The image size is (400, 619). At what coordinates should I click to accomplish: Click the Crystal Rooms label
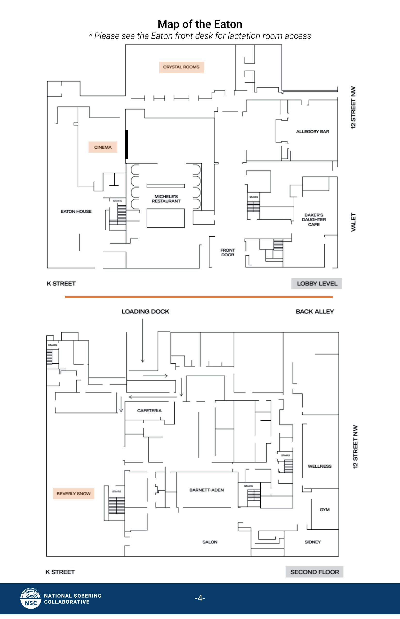(x=181, y=67)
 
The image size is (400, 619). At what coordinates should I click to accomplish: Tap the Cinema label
(x=103, y=147)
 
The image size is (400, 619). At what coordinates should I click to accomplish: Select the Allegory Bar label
(x=312, y=132)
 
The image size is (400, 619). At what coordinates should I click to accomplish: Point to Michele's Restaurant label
(x=166, y=199)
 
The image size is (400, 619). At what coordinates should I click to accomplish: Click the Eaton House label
(x=76, y=211)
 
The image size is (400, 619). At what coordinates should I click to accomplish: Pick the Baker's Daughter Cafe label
(x=314, y=220)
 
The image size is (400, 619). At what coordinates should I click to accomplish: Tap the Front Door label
(x=228, y=252)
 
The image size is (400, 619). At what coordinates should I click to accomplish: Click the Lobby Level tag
(x=317, y=284)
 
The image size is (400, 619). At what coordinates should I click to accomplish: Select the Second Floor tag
(x=315, y=572)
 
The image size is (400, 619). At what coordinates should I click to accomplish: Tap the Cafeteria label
(x=149, y=410)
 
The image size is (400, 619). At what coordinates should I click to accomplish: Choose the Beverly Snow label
(x=73, y=494)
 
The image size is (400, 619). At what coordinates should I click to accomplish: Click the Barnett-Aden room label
(x=207, y=490)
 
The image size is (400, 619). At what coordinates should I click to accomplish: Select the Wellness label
(x=320, y=466)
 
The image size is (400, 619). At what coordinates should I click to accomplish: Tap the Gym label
(x=325, y=510)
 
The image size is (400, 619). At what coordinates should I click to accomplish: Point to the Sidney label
(x=312, y=542)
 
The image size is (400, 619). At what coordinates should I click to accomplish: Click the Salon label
(x=210, y=542)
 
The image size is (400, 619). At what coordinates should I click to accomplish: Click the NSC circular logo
(x=31, y=598)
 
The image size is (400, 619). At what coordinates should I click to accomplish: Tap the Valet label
(x=353, y=222)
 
